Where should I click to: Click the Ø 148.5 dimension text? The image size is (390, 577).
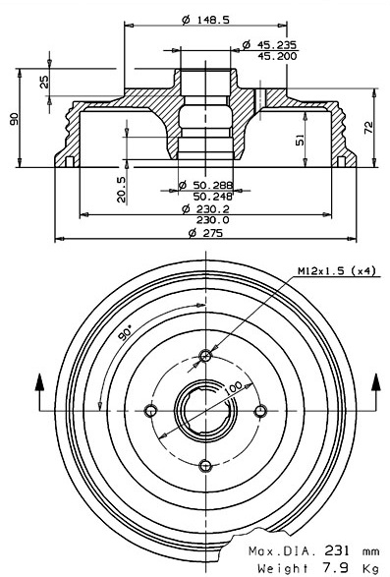tap(205, 20)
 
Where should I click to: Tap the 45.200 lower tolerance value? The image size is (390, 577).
tap(277, 56)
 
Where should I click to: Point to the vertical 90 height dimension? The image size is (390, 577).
tap(14, 119)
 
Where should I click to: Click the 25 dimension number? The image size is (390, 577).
tap(44, 82)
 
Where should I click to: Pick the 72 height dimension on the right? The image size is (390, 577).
tap(368, 128)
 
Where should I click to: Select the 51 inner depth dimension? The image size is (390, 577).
tap(301, 141)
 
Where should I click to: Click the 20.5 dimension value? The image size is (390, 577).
tap(121, 189)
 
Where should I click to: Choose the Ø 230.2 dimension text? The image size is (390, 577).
tap(205, 209)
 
